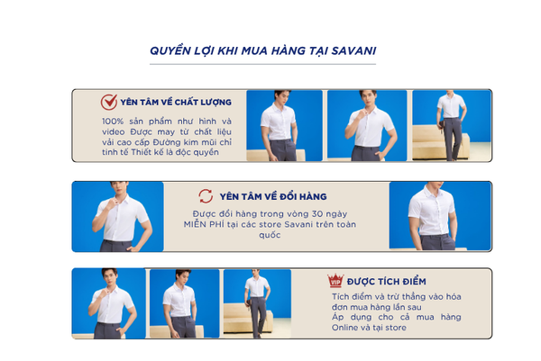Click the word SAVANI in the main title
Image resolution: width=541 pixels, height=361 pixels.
tap(353, 51)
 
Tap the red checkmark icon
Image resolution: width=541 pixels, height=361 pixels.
tap(109, 102)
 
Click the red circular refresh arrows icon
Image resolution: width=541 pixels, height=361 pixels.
tap(206, 196)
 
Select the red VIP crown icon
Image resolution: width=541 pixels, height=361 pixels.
tap(335, 280)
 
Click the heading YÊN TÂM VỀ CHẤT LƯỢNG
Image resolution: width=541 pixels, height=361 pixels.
tap(176, 103)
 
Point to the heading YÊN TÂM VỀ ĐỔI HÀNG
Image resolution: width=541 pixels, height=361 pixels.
tap(273, 196)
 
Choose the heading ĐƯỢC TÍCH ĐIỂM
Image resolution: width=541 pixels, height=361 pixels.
tap(387, 282)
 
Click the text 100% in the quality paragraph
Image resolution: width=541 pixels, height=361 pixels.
tap(113, 122)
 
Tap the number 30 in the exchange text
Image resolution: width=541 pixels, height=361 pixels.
tap(317, 214)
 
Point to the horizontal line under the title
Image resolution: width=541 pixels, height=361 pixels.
tap(262, 64)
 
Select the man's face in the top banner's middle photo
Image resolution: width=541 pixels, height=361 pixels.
tap(368, 99)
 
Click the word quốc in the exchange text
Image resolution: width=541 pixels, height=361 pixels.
tap(270, 235)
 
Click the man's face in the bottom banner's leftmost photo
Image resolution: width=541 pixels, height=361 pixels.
tap(110, 277)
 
